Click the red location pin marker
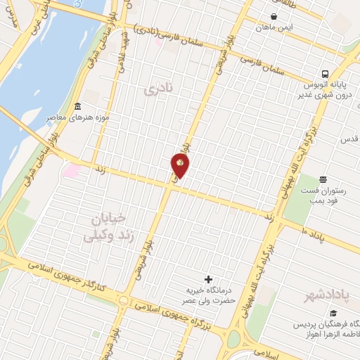tap(180, 165)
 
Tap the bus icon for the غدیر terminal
tap(324, 73)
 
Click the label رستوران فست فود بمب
tap(323, 198)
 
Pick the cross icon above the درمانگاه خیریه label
tap(207, 279)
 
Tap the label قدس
tap(349, 140)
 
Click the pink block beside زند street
tap(71, 171)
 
